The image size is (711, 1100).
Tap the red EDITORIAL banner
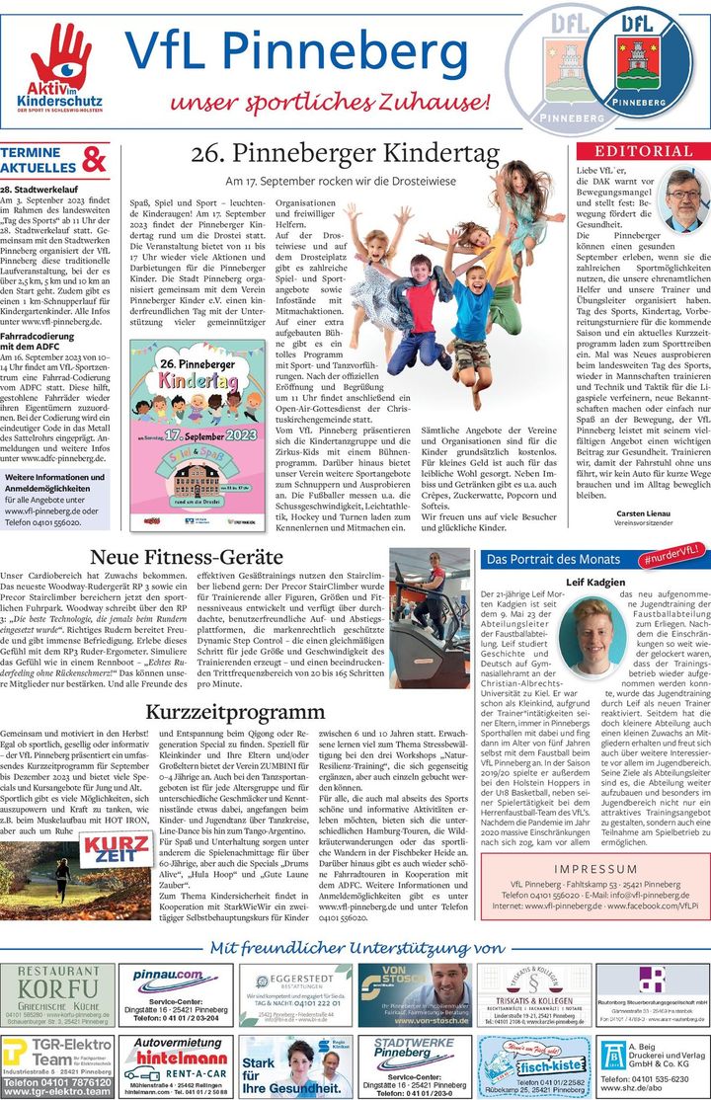tap(643, 151)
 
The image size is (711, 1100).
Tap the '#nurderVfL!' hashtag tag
tap(676, 557)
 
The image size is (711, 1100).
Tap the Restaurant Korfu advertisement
tap(58, 994)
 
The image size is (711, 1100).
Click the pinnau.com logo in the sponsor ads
tap(169, 975)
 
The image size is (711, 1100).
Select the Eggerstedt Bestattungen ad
tap(294, 995)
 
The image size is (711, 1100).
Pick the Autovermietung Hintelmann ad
tap(175, 1065)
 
